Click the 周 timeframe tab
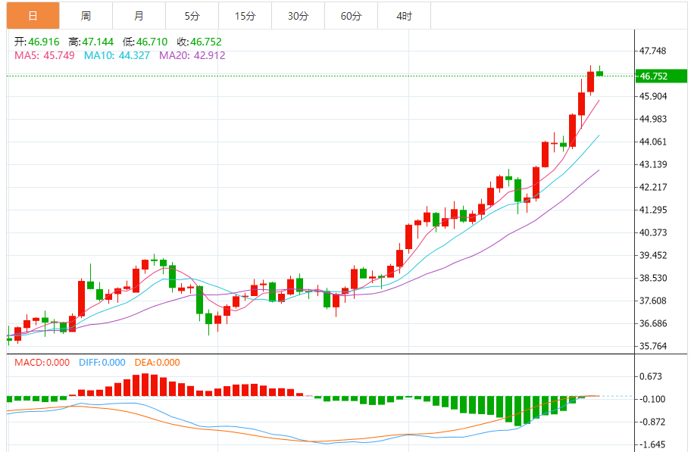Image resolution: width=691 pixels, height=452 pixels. [86, 16]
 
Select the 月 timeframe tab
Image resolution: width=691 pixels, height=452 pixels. [139, 16]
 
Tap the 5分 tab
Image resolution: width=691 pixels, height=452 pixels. [192, 16]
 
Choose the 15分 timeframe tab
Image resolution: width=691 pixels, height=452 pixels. [245, 16]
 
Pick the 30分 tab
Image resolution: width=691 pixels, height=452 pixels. [298, 16]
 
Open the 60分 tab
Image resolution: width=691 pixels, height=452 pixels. [351, 16]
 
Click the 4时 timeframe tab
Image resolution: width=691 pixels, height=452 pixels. [404, 16]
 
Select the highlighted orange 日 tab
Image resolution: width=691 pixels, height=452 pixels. [33, 16]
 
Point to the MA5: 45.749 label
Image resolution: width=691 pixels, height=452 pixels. [45, 55]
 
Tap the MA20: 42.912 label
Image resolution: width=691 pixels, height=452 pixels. [192, 55]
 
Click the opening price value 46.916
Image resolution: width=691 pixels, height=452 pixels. [44, 42]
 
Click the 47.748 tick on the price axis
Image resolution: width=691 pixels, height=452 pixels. [653, 51]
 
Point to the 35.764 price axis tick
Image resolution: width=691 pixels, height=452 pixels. [653, 347]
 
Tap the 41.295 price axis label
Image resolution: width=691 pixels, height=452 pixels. [653, 210]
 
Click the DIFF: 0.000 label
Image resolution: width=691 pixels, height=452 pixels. [102, 363]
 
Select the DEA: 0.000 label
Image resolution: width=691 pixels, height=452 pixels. [158, 363]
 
